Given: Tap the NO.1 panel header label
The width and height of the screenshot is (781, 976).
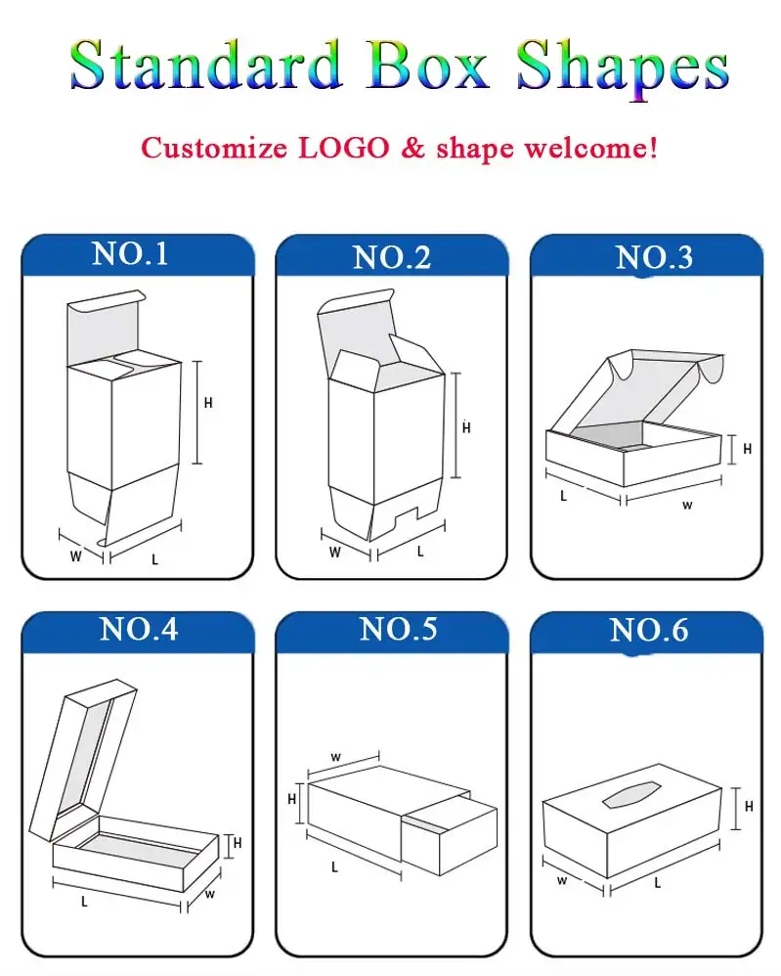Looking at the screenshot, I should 130,254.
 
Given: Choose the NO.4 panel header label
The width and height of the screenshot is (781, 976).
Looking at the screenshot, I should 139,629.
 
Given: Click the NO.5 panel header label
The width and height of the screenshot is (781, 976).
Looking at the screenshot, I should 398,629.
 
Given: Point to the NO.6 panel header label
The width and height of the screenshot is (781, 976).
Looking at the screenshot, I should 649,630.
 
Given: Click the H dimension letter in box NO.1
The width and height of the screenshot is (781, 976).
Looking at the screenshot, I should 208,403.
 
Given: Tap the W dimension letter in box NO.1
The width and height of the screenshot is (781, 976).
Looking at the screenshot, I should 75,557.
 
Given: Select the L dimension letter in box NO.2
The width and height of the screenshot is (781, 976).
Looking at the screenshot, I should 420,551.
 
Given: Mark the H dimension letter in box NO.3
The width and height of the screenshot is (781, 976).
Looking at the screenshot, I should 747,449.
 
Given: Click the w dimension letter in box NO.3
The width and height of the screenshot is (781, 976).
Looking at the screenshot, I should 687,505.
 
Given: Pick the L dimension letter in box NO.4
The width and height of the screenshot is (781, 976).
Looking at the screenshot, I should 84,901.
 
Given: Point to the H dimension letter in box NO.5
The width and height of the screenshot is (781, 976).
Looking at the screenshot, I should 291,799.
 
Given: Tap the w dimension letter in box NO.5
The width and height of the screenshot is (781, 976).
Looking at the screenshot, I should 335,756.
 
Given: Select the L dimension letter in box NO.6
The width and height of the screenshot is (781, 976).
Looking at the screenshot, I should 657,882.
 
